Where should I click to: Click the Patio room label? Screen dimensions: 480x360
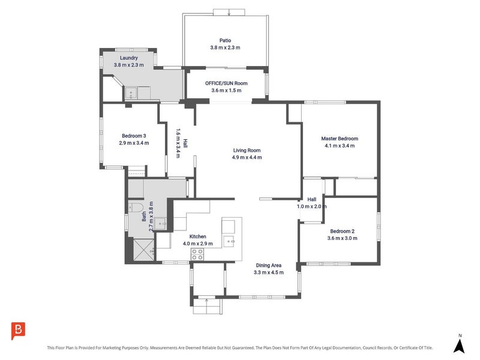[x=226, y=40]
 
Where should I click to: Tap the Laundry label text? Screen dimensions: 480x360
[x=129, y=58]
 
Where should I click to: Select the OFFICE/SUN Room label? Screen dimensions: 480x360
[x=226, y=83]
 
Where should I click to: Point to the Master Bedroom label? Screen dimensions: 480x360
[x=340, y=139]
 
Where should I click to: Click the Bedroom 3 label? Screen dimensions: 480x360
[x=134, y=136]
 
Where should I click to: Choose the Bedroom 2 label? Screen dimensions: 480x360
[x=342, y=232]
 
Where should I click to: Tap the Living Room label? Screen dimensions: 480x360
[x=247, y=151]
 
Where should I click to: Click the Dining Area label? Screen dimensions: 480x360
[x=268, y=265]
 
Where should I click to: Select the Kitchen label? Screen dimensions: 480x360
[x=198, y=236]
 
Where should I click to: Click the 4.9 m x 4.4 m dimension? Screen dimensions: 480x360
[x=247, y=157]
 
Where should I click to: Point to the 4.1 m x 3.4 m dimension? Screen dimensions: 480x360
[x=340, y=146]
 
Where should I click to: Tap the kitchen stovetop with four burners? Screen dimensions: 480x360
[x=197, y=254]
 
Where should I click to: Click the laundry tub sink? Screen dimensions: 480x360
[x=131, y=93]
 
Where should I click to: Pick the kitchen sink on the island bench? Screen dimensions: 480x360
[x=229, y=242]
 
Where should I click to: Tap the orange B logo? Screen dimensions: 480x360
[x=18, y=331]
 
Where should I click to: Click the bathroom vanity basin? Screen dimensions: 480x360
[x=160, y=223]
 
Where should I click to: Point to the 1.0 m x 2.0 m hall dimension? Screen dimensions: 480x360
[x=311, y=206]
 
